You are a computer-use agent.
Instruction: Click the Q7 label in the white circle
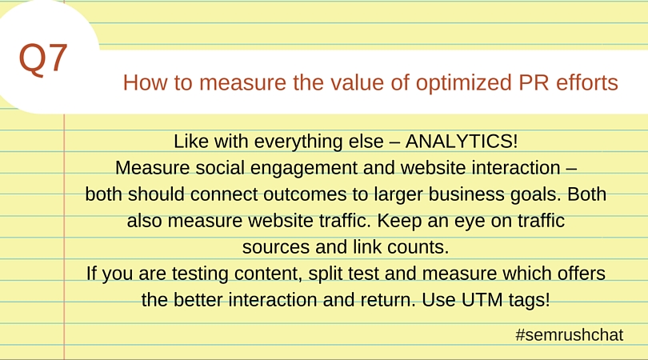pyautogui.click(x=43, y=59)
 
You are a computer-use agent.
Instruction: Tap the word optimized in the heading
pyautogui.click(x=464, y=82)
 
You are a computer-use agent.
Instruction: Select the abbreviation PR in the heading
pyautogui.click(x=534, y=82)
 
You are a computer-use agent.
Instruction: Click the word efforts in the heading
pyautogui.click(x=587, y=82)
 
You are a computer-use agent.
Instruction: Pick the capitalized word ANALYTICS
pyautogui.click(x=462, y=142)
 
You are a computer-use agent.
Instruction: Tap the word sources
pyautogui.click(x=276, y=247)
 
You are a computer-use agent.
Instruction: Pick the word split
pyautogui.click(x=322, y=274)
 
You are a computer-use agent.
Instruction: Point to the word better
pyautogui.click(x=197, y=300)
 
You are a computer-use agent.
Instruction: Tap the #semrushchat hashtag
pyautogui.click(x=569, y=334)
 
